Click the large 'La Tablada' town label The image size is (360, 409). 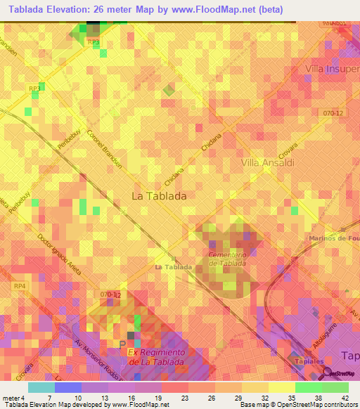tap(159, 197)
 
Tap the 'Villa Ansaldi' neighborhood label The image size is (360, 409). tap(267, 162)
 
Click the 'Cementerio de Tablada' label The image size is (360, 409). tap(226, 259)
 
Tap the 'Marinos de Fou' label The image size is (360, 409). tap(333, 239)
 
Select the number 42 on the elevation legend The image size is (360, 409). tap(345, 398)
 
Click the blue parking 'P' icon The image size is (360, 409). tap(123, 344)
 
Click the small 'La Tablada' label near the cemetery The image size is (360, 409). tap(173, 268)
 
